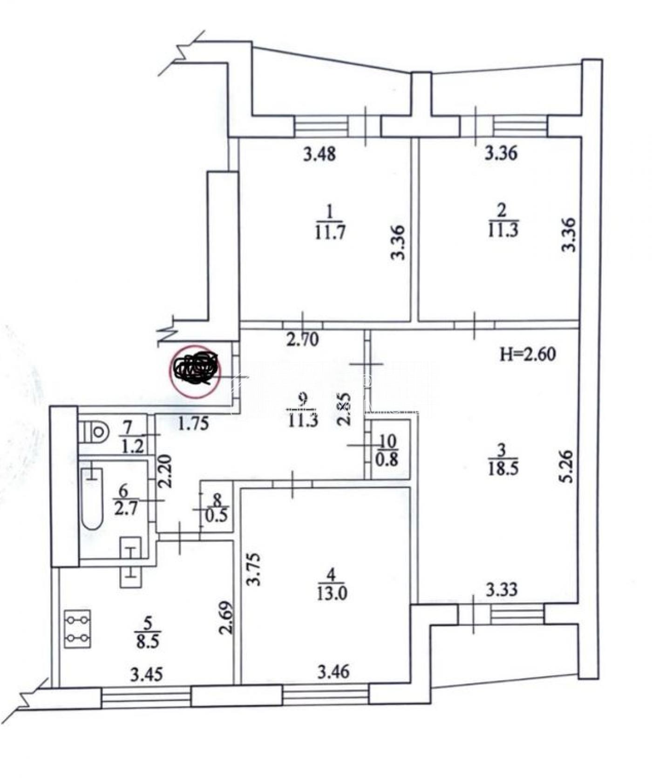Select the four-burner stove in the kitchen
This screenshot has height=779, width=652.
(78, 629)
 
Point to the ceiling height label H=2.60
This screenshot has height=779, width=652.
(528, 355)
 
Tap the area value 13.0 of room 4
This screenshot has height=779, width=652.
(331, 594)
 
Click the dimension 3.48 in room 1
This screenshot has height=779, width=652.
(319, 154)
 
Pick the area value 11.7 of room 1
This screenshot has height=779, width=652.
(330, 231)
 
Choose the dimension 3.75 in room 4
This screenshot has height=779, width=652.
(255, 569)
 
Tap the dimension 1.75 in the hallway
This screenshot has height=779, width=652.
(193, 424)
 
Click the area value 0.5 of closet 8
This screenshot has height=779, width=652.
(217, 515)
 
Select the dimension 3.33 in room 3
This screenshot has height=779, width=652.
(502, 590)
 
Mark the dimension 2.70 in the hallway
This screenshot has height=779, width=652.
(303, 340)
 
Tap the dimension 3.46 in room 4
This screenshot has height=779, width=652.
(333, 672)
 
